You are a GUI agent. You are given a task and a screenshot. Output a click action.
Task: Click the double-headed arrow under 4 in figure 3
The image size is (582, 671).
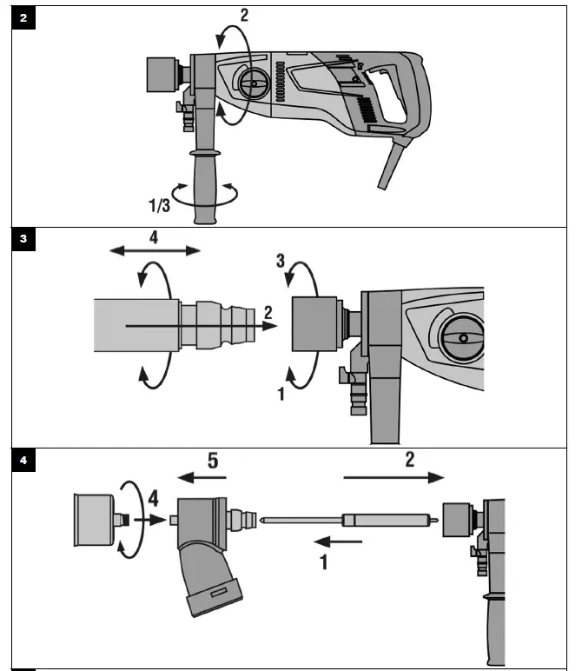tap(155, 250)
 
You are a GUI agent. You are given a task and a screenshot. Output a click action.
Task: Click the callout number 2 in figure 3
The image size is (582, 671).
tap(268, 311)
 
